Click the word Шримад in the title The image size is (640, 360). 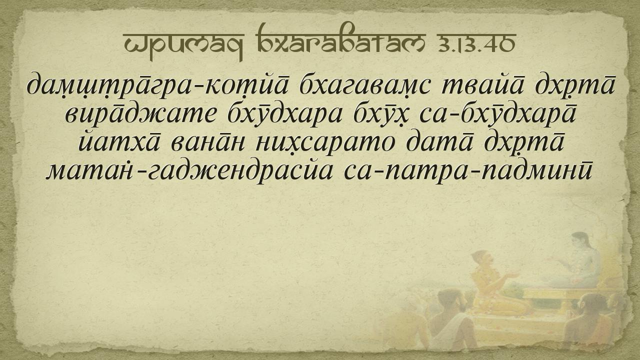coord(183,45)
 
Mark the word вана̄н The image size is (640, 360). coord(207,143)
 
